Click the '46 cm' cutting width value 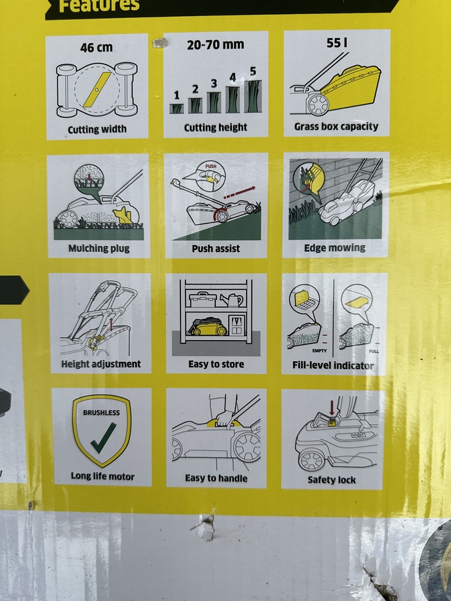pyautogui.click(x=97, y=48)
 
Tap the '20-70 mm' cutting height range pyautogui.click(x=216, y=44)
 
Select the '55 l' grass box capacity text pyautogui.click(x=337, y=43)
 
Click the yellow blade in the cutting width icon pyautogui.click(x=97, y=90)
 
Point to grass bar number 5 pyautogui.click(x=253, y=96)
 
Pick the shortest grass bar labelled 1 pyautogui.click(x=177, y=108)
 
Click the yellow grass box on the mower pyautogui.click(x=350, y=88)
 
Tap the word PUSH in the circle pyautogui.click(x=211, y=166)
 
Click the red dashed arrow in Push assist pyautogui.click(x=239, y=193)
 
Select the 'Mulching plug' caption pyautogui.click(x=99, y=249)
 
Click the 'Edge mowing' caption pyautogui.click(x=334, y=247)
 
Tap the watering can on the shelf pyautogui.click(x=232, y=300)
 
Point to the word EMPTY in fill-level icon pyautogui.click(x=320, y=350)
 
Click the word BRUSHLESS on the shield pyautogui.click(x=102, y=413)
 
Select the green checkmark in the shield pyautogui.click(x=104, y=438)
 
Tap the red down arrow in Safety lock pyautogui.click(x=332, y=408)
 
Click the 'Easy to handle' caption pyautogui.click(x=216, y=478)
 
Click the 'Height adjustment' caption pyautogui.click(x=101, y=364)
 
